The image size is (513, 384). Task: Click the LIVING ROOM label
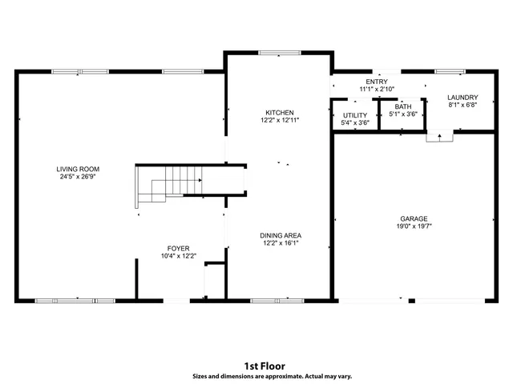(x=78, y=169)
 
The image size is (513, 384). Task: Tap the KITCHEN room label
(x=280, y=112)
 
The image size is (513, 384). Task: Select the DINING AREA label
(x=281, y=235)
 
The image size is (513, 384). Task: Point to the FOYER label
(x=178, y=248)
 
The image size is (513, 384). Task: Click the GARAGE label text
(x=414, y=218)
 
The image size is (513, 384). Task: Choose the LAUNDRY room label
(x=463, y=97)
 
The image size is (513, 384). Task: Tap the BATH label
(x=402, y=106)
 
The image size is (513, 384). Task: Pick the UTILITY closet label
(x=354, y=115)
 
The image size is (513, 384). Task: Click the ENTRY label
(x=377, y=82)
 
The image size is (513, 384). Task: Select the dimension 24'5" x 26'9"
(x=78, y=178)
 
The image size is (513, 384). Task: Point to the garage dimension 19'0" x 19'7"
(x=414, y=226)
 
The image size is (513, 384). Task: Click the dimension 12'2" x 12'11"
(x=280, y=120)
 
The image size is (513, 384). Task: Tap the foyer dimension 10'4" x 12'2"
(x=178, y=256)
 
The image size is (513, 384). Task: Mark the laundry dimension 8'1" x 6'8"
(x=463, y=105)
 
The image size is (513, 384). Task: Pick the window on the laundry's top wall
(x=449, y=72)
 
